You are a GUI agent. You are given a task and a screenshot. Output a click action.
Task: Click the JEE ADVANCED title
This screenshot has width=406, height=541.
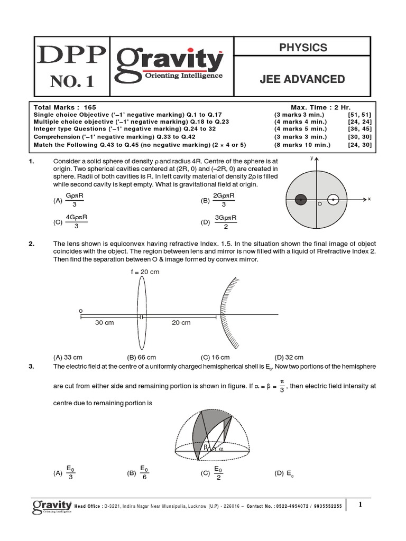[302, 79]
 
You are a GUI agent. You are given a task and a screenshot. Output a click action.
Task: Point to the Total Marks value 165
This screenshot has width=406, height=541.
[90, 107]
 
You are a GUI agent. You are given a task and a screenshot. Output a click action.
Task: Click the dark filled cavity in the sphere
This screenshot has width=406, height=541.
[301, 200]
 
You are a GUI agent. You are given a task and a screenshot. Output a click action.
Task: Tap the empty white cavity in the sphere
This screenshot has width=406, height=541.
[333, 200]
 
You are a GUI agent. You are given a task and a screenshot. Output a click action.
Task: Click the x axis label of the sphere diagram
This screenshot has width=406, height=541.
[368, 199]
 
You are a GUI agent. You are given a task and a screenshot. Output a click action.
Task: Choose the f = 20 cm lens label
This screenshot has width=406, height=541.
[145, 272]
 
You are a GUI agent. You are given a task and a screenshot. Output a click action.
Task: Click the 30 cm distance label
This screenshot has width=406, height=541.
[105, 323]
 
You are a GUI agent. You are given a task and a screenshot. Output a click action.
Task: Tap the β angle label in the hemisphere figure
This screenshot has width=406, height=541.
[206, 447]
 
